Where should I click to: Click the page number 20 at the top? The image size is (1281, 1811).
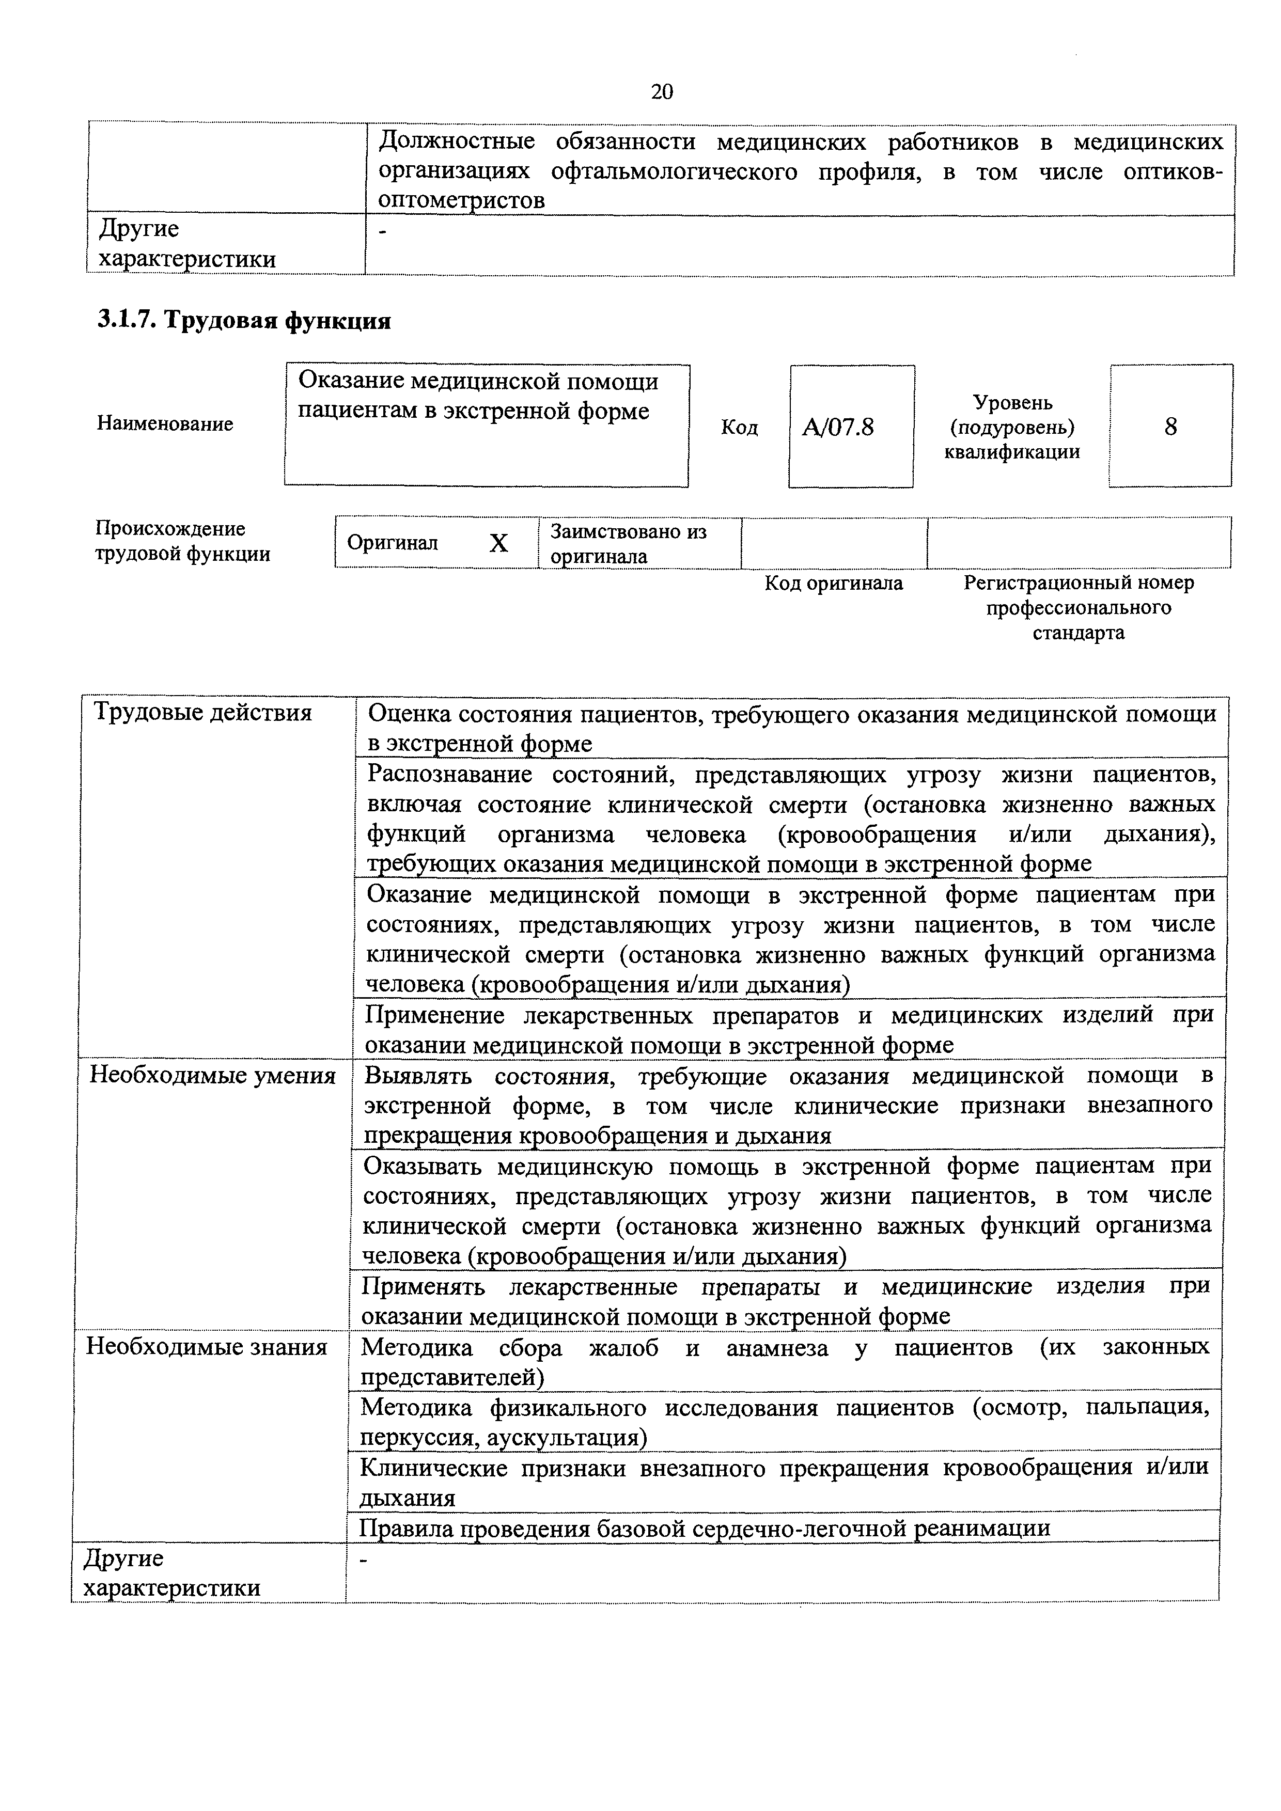tap(662, 92)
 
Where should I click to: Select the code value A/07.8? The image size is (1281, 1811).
tap(838, 428)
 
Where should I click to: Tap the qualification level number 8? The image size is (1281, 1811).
tap(1170, 427)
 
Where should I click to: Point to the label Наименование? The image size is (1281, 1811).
tap(165, 423)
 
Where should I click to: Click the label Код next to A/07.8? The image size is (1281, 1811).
tap(739, 428)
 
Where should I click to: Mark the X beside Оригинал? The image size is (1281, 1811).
tap(498, 543)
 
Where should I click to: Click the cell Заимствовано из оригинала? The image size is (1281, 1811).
tap(628, 543)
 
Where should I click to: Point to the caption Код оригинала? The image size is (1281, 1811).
tap(834, 583)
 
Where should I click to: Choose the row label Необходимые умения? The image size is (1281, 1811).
tap(212, 1075)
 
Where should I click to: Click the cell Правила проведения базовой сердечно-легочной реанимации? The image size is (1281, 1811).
tap(705, 1528)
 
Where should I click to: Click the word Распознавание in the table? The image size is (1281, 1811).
tap(449, 775)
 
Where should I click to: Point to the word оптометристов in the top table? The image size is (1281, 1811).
tap(461, 200)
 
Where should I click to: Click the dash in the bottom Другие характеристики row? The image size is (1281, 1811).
tap(364, 1560)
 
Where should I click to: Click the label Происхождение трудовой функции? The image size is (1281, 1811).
tap(182, 541)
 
